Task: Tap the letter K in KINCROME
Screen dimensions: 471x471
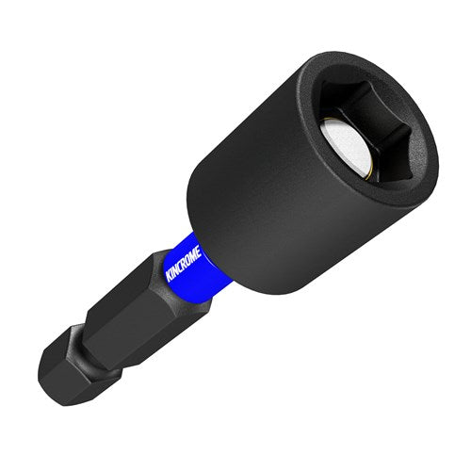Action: (170, 277)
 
